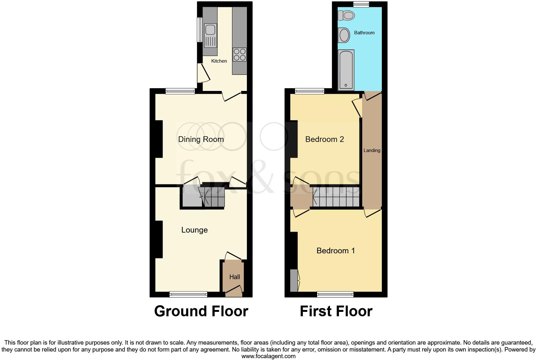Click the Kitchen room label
click(x=219, y=61)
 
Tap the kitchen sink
click(x=210, y=30)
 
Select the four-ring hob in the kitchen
click(x=239, y=54)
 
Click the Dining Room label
click(x=201, y=139)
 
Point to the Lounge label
click(x=194, y=230)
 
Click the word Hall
click(x=234, y=277)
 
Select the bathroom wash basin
click(x=344, y=35)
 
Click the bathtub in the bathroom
click(x=346, y=70)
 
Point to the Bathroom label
click(x=364, y=33)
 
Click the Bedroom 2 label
click(x=325, y=139)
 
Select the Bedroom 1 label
click(x=336, y=250)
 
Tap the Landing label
click(x=372, y=150)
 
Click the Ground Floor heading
click(x=201, y=311)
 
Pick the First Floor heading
click(x=336, y=311)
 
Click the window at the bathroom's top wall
click(x=361, y=4)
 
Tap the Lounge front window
click(x=188, y=294)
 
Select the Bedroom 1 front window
click(x=335, y=294)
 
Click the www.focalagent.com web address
click(x=268, y=356)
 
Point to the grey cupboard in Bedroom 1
click(x=294, y=280)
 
